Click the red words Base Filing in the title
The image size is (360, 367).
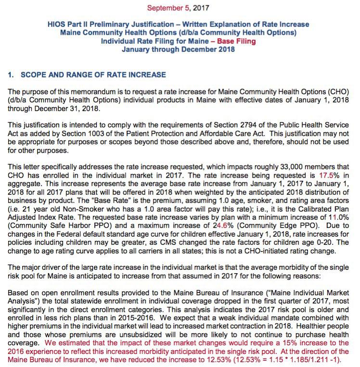[x=236, y=41]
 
